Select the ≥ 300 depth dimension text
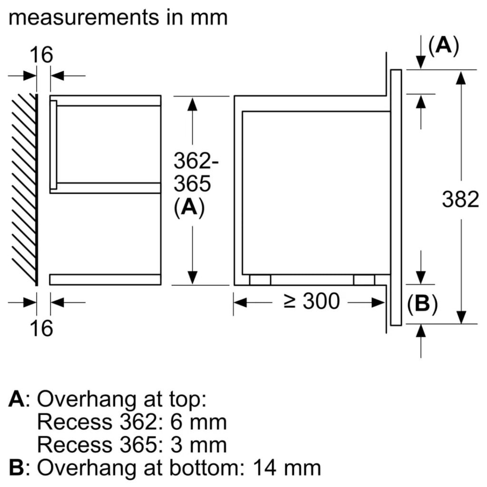coord(312,302)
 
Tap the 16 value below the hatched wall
coord(43,328)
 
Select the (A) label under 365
coord(189,208)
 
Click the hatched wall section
coord(24,188)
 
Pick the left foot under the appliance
coord(260,280)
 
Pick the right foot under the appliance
coord(364,280)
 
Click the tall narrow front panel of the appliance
coord(396,197)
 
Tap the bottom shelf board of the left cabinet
coord(105,280)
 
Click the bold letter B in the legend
coord(16,468)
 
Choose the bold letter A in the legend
coord(16,399)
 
